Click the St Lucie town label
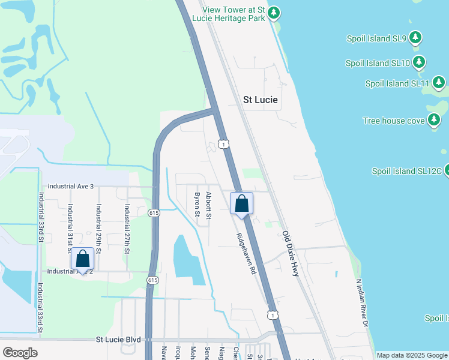261,100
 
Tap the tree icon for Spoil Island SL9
415,39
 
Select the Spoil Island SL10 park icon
419,62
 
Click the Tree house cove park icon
434,120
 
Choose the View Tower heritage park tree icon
274,13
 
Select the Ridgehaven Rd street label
246,253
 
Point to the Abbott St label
209,205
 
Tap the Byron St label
196,204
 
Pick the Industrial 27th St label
127,229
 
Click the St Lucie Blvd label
118,340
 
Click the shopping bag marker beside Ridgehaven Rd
241,203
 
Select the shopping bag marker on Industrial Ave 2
83,259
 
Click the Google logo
20,353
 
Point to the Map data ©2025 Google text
412,355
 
